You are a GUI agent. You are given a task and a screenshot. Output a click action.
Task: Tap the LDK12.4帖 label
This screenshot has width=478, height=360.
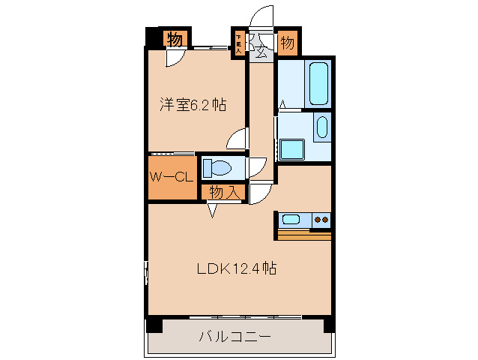coord(238,268)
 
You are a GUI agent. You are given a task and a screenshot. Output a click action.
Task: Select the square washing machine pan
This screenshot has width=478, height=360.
coord(291,150)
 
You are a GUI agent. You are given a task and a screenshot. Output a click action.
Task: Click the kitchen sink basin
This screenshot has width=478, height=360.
coord(290,220)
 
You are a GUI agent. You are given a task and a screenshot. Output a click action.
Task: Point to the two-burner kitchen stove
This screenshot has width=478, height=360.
coord(322,220)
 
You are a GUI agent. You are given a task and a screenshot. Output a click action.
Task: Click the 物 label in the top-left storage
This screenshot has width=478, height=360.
coord(174,40)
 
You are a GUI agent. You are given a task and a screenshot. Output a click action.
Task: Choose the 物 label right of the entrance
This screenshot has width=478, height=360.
coord(287,43)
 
